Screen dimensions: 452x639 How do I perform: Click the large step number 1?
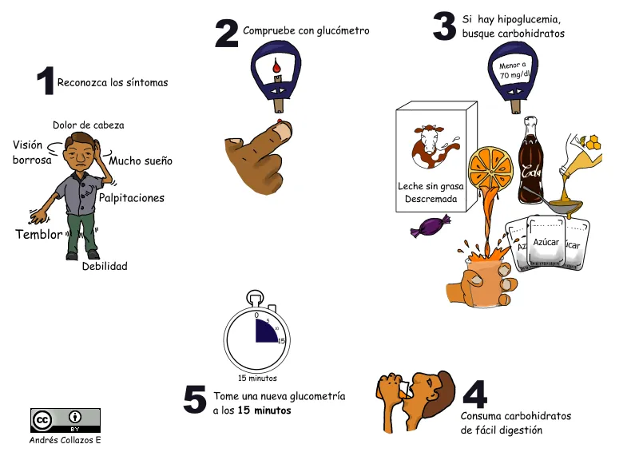(x=45, y=82)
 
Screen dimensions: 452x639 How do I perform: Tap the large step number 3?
(x=444, y=26)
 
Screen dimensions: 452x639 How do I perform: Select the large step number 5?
(x=195, y=400)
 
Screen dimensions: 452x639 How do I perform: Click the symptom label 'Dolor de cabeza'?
(x=88, y=125)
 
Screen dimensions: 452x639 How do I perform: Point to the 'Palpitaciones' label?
(x=131, y=198)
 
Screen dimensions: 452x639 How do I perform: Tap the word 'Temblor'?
(x=38, y=235)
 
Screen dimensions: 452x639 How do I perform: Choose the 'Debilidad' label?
(x=105, y=267)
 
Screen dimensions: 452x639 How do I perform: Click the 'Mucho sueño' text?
(x=141, y=161)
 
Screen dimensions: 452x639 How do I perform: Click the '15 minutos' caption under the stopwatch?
(x=257, y=379)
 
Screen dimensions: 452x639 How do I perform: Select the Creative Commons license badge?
(x=65, y=420)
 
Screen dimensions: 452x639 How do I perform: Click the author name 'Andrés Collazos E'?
(x=65, y=440)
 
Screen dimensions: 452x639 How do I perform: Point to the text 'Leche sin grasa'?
(x=431, y=186)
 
